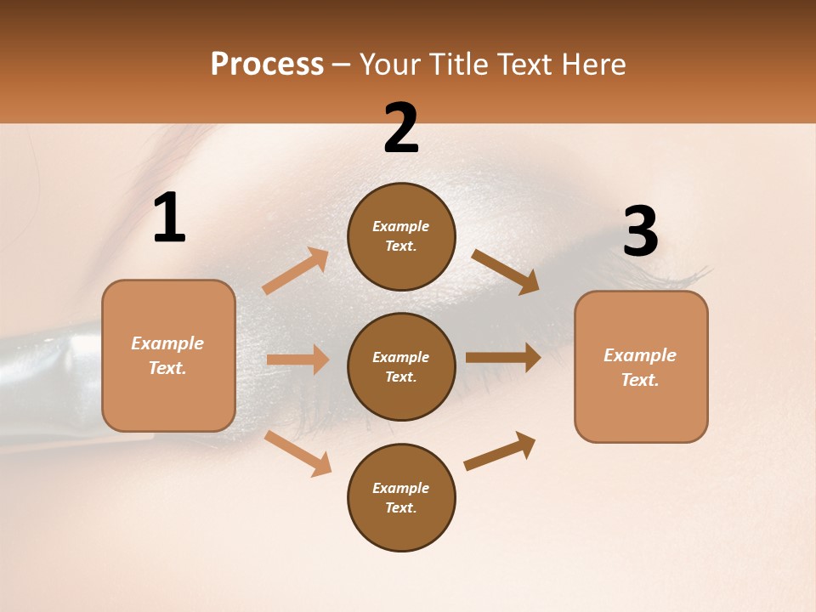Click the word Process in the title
click(x=267, y=65)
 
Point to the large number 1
click(x=169, y=218)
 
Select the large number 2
click(x=401, y=128)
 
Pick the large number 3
click(x=640, y=232)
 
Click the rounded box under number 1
click(x=168, y=355)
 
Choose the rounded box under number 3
click(x=641, y=366)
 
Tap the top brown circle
click(x=401, y=236)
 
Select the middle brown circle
click(x=401, y=366)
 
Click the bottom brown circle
click(x=401, y=497)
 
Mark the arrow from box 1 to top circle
click(x=295, y=271)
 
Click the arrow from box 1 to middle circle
click(x=297, y=360)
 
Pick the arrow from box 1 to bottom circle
click(x=297, y=453)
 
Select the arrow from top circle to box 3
click(x=505, y=271)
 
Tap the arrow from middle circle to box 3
click(x=503, y=357)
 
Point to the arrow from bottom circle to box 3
click(x=500, y=450)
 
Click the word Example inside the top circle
click(x=400, y=227)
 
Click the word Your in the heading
click(x=390, y=65)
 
